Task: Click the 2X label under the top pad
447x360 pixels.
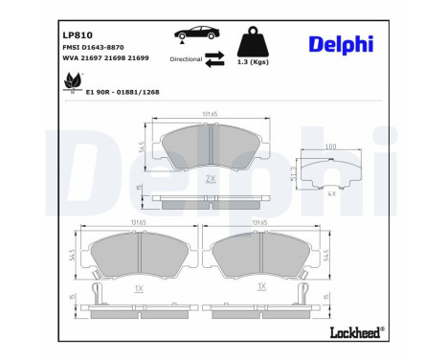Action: coord(210,179)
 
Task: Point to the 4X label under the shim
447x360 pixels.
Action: coord(331,192)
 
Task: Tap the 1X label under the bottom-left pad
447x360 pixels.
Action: coord(137,288)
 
